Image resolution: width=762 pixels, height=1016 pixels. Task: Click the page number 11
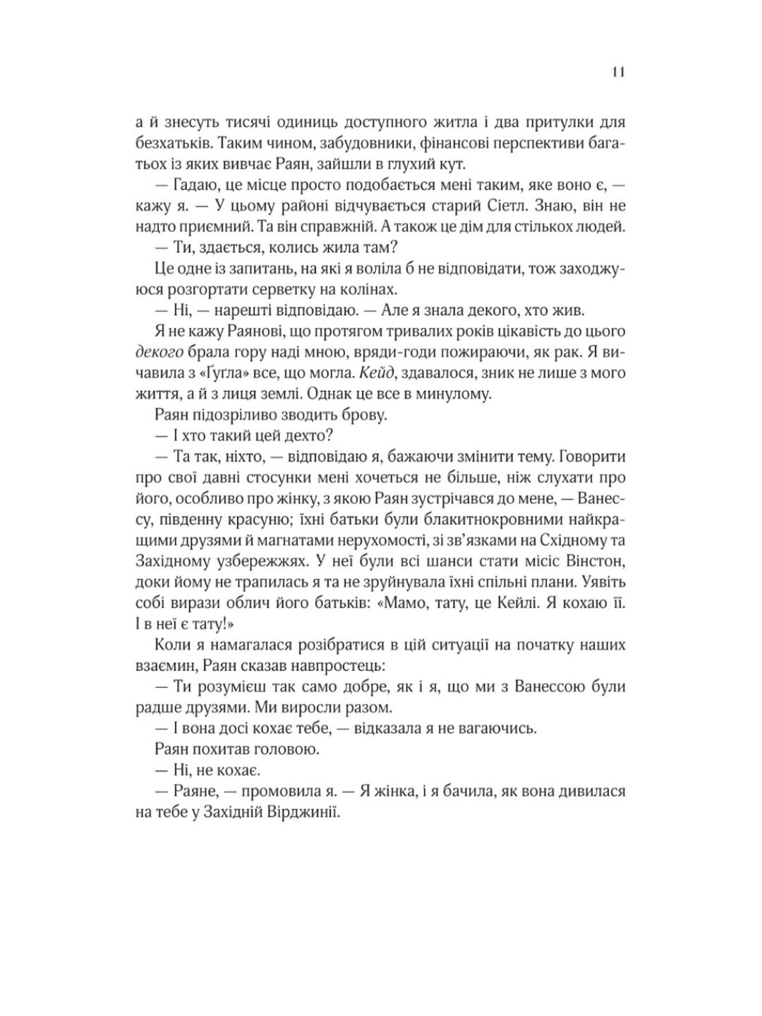point(618,73)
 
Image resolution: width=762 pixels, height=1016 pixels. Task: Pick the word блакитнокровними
point(490,520)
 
